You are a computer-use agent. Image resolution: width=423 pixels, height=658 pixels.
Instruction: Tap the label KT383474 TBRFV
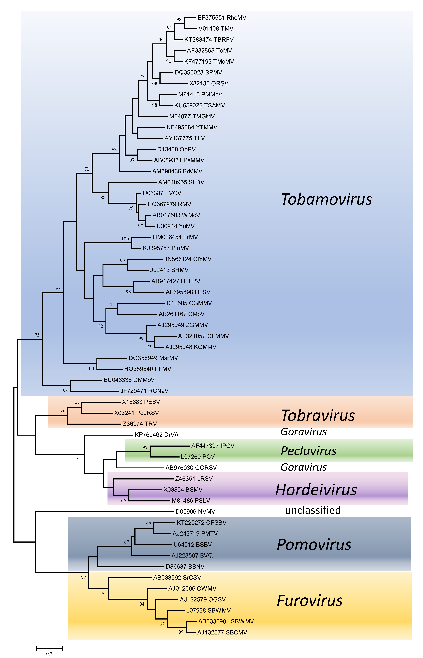(209, 40)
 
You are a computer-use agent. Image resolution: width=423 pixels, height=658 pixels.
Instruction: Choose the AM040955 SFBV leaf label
(181, 182)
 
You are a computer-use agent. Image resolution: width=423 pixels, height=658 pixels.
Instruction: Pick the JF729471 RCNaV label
(144, 391)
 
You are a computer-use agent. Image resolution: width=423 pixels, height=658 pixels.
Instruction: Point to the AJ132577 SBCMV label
(222, 632)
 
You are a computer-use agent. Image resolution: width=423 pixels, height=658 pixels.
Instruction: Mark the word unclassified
(313, 510)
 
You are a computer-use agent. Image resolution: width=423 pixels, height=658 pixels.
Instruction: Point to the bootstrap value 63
(58, 289)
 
